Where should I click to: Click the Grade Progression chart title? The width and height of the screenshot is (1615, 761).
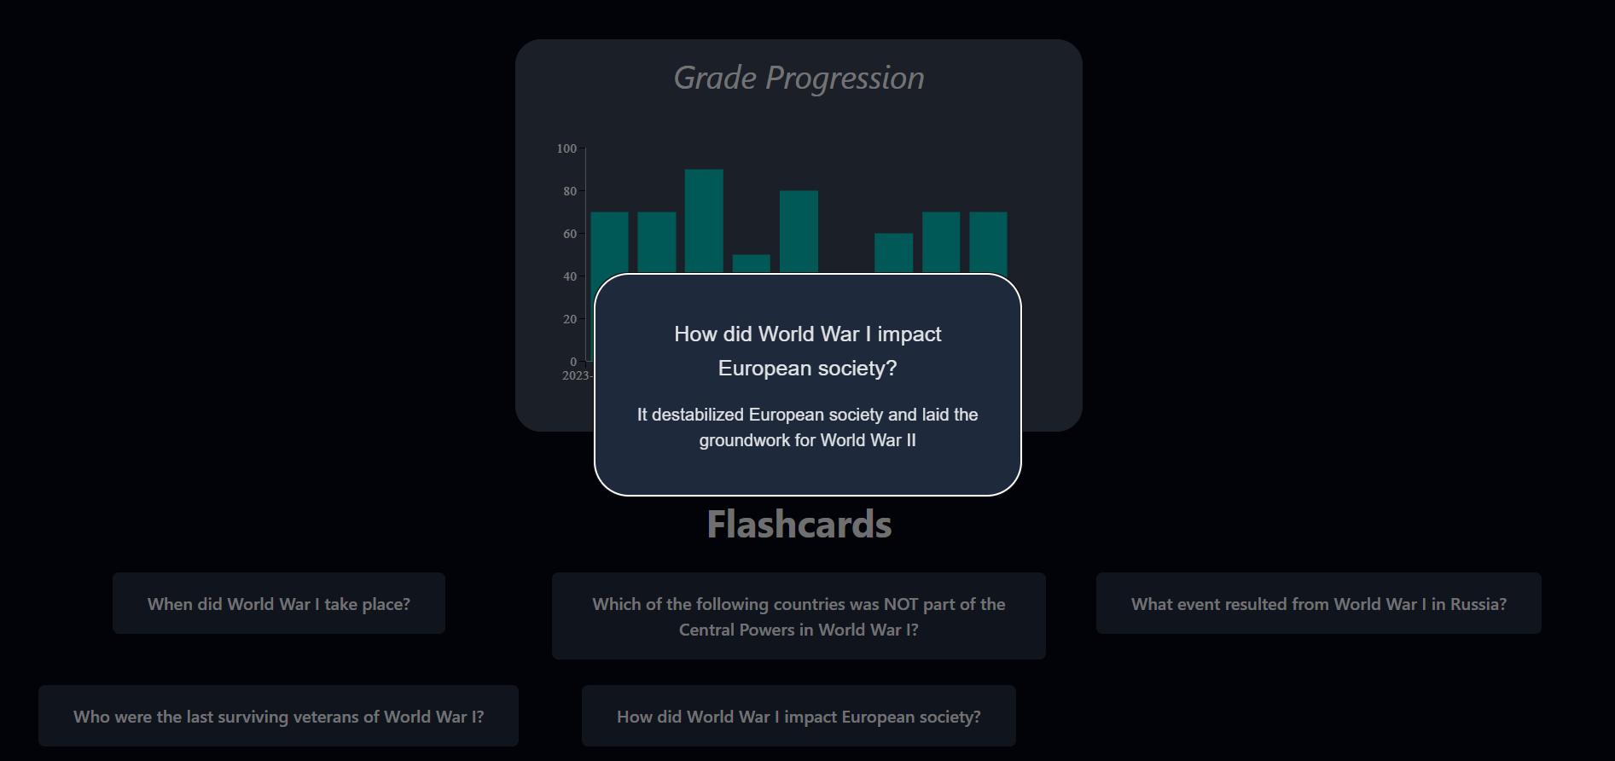799,78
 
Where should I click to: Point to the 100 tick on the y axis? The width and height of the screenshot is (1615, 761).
566,148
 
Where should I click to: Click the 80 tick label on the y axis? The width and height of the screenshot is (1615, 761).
570,191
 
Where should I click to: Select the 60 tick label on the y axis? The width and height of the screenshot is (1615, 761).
570,234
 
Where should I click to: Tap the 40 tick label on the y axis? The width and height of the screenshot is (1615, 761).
570,276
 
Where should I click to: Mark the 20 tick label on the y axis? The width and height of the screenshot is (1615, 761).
570,319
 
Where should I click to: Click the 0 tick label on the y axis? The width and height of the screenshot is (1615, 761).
573,362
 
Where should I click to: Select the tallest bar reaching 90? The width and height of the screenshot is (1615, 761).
704,221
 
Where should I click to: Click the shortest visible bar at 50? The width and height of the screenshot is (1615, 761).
752,264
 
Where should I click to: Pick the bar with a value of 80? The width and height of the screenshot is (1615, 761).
799,232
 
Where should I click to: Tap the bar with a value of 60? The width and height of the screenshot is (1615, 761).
894,253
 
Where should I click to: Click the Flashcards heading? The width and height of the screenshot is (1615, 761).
799,524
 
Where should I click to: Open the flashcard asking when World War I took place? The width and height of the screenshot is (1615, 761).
279,603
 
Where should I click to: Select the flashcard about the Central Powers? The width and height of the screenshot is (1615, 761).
799,616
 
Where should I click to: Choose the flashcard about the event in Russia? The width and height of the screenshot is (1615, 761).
1319,603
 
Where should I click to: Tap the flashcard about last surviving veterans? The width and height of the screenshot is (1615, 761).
278,716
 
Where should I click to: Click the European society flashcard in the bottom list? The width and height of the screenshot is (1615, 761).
799,716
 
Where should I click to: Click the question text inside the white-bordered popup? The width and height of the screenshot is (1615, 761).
808,351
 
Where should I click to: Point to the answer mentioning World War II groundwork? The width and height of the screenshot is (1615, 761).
808,427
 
